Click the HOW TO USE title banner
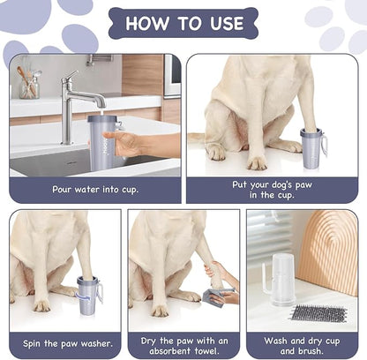[x=183, y=23]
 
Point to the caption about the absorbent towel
[x=183, y=344]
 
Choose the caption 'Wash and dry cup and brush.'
[x=302, y=344]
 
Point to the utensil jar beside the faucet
[x=29, y=85]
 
